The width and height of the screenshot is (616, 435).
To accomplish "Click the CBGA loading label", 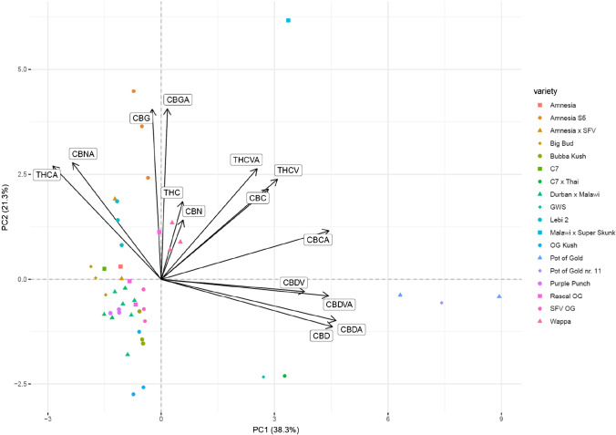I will [178, 100].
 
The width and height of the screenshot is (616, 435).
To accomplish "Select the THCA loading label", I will [46, 174].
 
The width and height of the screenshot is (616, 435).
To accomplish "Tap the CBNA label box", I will [84, 154].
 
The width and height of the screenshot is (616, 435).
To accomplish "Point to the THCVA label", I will [245, 161].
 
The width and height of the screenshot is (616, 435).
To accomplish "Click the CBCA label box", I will [319, 240].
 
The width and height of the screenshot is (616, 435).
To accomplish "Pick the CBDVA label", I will [340, 304].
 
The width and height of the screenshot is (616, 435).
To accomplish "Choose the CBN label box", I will [193, 212].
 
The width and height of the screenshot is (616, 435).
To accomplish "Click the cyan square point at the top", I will [288, 20].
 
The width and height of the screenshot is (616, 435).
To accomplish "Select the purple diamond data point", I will [442, 303].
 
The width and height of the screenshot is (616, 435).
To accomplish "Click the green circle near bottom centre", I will [284, 376].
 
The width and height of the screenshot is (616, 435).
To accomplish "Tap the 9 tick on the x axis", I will [501, 418].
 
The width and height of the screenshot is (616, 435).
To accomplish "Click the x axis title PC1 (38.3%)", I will [273, 429].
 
